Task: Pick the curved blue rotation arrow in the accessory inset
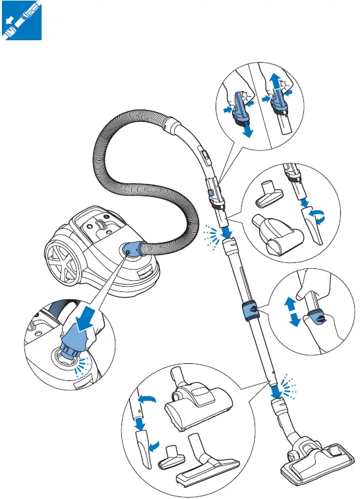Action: point(320,214)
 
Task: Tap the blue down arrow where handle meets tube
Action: point(226,232)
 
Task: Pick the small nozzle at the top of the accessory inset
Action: point(274,195)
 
